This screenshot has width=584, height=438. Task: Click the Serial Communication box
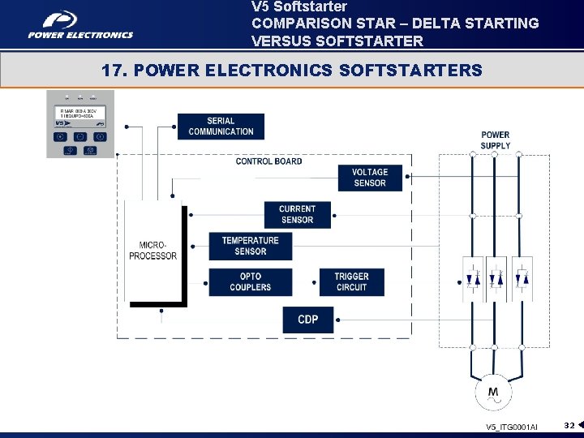(x=221, y=127)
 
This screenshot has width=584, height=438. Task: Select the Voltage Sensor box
(x=370, y=178)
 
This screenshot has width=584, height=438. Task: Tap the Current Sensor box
(x=297, y=214)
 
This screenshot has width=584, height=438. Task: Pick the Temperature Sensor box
(x=250, y=246)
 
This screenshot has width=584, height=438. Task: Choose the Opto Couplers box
(x=250, y=281)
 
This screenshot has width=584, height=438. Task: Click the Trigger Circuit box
(x=351, y=281)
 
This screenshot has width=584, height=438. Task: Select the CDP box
(x=308, y=319)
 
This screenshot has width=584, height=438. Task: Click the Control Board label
(x=268, y=161)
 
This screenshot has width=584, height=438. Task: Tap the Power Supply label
(x=495, y=140)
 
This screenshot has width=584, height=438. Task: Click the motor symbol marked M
(x=493, y=393)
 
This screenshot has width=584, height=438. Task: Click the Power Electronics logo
(x=80, y=25)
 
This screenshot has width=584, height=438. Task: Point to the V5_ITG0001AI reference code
(x=511, y=427)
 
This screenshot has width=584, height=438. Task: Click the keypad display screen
(x=80, y=115)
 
